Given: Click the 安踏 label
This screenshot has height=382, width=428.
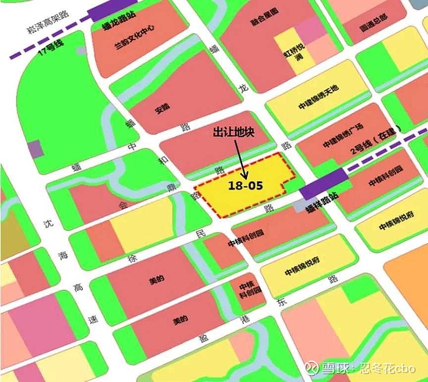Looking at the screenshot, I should point(161,107).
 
